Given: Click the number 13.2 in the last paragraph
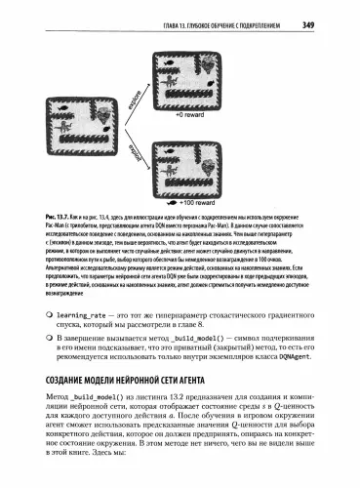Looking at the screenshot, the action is click(x=192, y=401).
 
